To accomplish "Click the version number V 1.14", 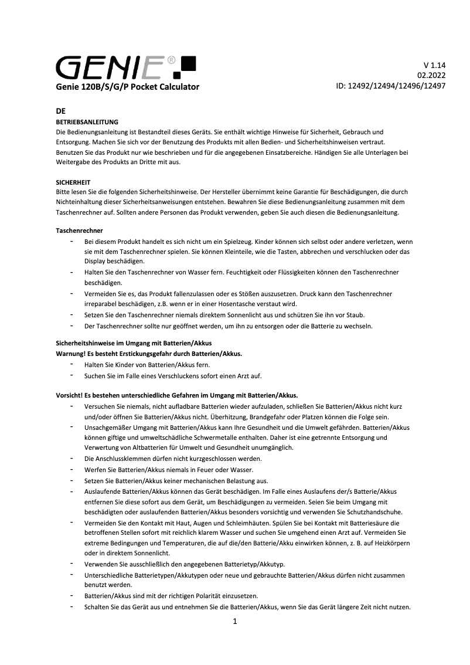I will [x=434, y=65].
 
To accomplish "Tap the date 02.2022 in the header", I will [x=431, y=75].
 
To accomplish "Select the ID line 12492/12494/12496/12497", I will [x=390, y=86].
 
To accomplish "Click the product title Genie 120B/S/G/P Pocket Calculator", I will [x=127, y=87].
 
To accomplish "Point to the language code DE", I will [x=60, y=111].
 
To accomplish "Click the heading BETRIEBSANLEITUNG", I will [x=87, y=122].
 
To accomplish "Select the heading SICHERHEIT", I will [x=73, y=182].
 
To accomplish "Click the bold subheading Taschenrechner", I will [x=79, y=230].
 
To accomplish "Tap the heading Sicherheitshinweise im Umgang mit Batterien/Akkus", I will [x=133, y=342].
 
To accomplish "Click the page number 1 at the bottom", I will [x=234, y=622].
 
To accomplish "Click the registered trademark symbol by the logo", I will [x=171, y=59].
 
